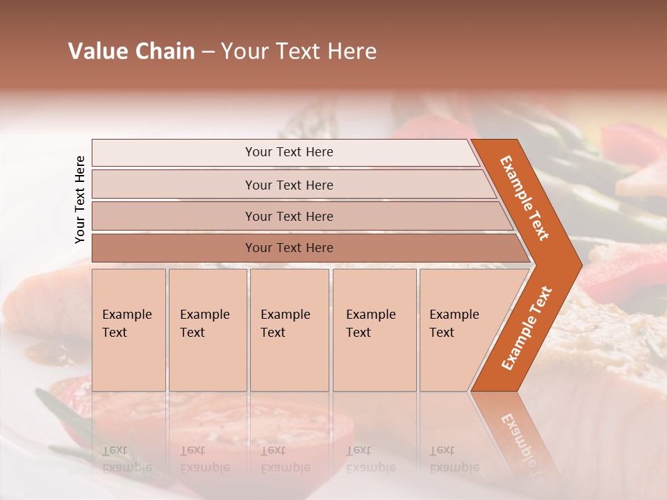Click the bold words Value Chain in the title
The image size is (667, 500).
coord(131,51)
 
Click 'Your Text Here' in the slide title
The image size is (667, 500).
coord(299,51)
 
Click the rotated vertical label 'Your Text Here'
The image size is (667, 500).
coord(80,199)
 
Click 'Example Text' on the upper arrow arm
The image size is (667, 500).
coord(525,198)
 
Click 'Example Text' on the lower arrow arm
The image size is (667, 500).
coord(527,328)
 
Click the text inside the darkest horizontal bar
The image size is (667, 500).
coord(289,248)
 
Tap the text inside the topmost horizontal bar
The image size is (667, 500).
coord(289,152)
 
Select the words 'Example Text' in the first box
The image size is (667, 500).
coord(126,324)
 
